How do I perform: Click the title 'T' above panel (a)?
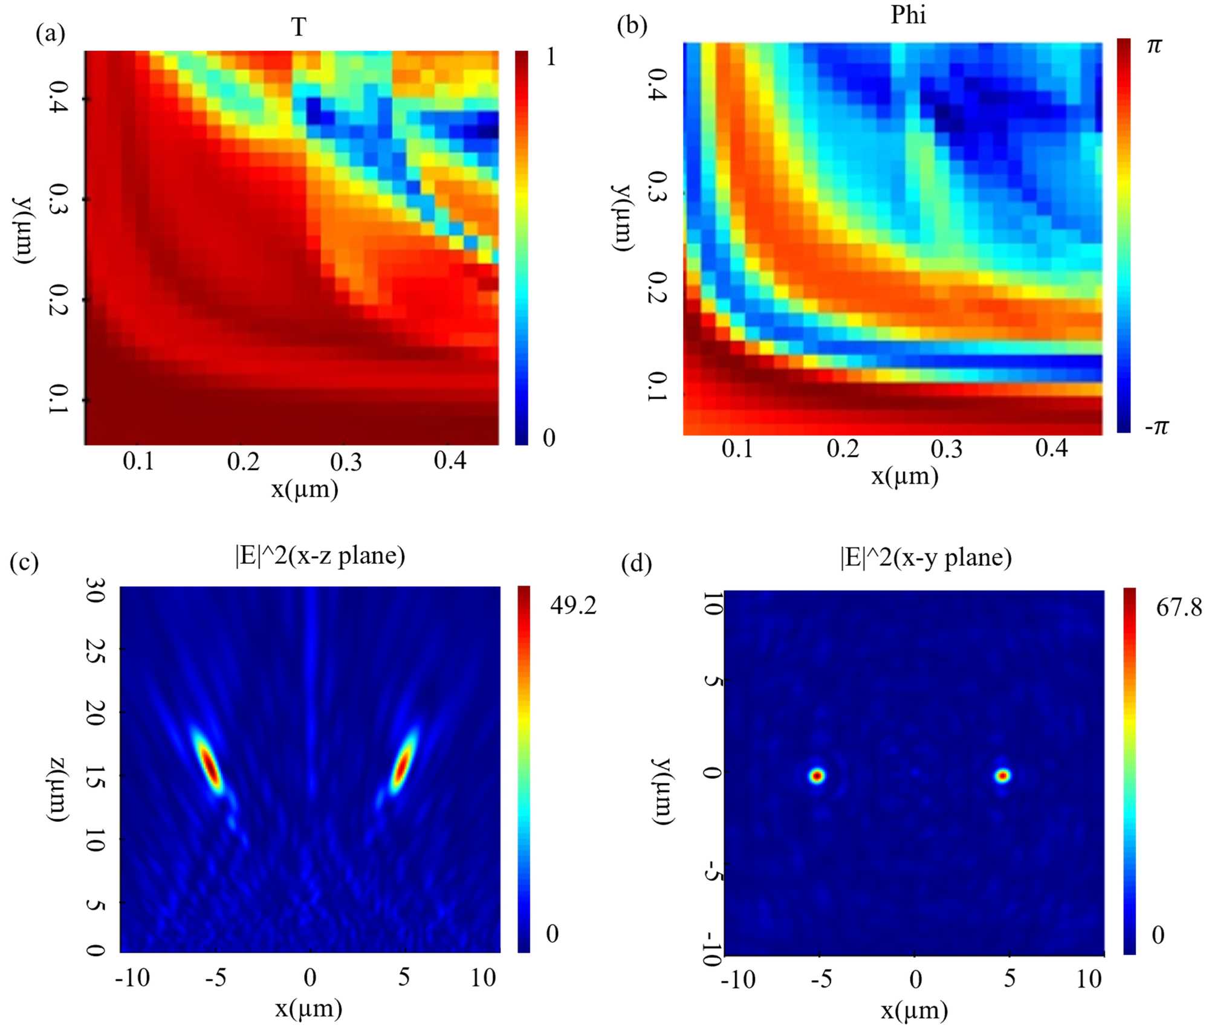tap(299, 27)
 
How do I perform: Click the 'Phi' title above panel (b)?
tap(908, 15)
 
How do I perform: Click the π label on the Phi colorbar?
tap(1154, 46)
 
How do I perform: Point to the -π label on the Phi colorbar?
tap(1156, 427)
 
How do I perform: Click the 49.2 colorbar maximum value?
tap(572, 605)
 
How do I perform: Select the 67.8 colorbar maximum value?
tap(1179, 607)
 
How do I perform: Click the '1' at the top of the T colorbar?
tap(550, 57)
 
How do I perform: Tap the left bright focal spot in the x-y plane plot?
tap(817, 776)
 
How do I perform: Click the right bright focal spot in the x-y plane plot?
tap(1003, 775)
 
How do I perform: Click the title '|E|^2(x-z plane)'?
tap(320, 555)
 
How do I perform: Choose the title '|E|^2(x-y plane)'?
tap(925, 557)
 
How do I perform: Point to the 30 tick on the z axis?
tap(95, 590)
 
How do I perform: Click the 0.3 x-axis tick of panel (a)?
tap(346, 462)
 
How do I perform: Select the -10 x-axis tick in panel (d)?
tap(737, 979)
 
